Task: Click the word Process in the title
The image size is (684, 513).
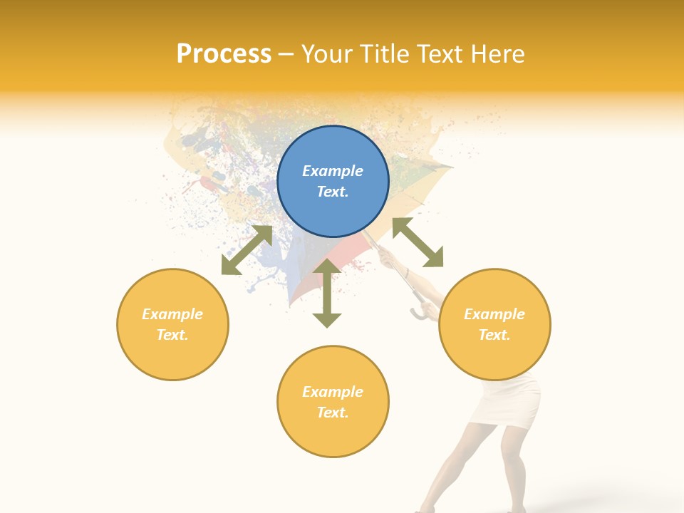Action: tap(224, 54)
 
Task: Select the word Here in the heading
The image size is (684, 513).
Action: tap(496, 54)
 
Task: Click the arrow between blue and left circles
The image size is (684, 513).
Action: tap(247, 250)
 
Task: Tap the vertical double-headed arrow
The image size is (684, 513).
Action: tap(327, 293)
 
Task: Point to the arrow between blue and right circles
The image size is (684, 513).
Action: tap(418, 242)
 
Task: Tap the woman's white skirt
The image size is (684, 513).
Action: tap(512, 403)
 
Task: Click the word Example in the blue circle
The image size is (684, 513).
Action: tap(333, 171)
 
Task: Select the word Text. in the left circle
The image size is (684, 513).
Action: tap(172, 335)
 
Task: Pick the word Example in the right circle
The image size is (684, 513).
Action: tap(494, 314)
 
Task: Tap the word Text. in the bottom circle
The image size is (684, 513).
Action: tap(333, 413)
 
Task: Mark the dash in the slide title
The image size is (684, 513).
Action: tap(286, 54)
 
